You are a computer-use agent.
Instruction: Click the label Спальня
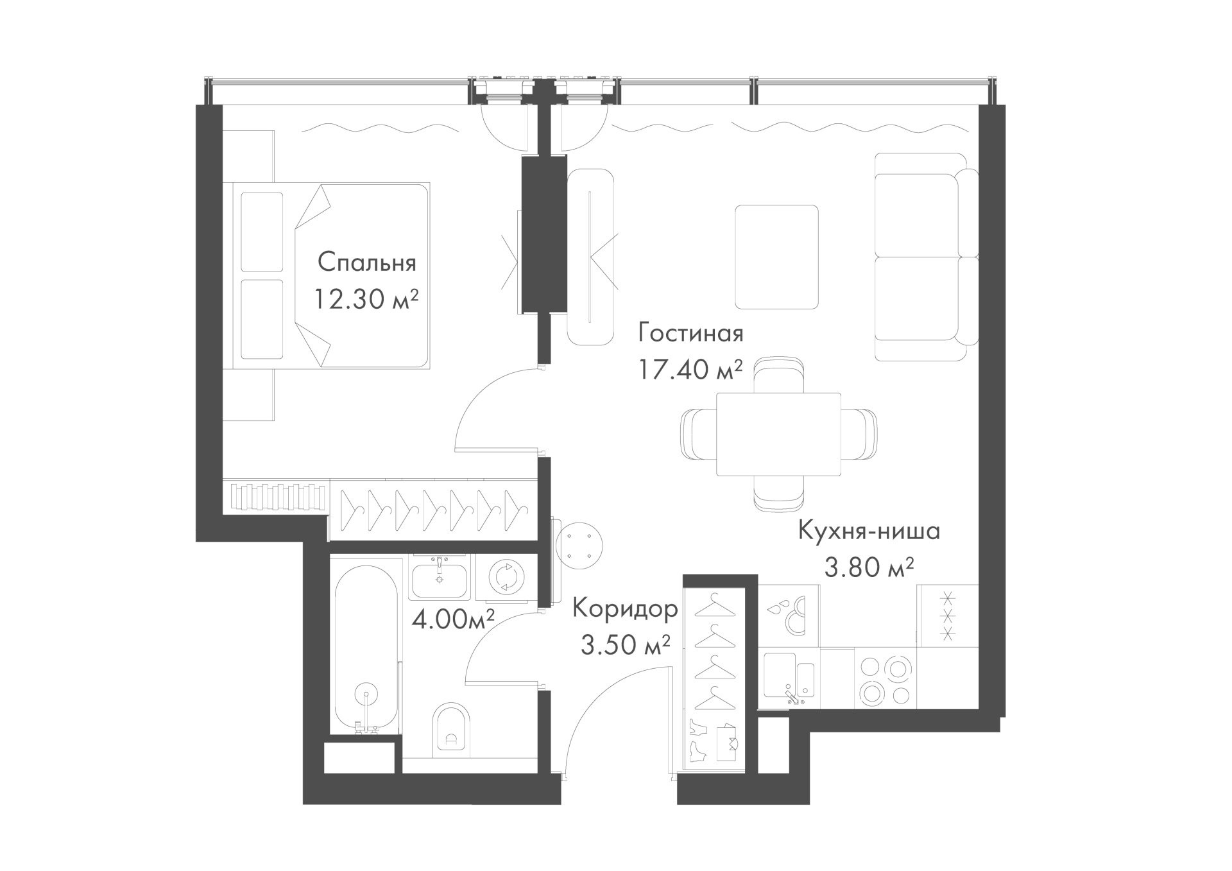pos(367,263)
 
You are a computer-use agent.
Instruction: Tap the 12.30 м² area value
pos(366,298)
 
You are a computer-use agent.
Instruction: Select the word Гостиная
pos(690,333)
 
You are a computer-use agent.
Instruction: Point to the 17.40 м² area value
pos(690,369)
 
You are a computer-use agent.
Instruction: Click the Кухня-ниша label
pos(869,531)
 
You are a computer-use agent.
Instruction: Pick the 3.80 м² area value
pos(869,567)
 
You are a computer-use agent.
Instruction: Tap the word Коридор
pos(625,608)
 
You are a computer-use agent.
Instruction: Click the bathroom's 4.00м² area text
pos(453,619)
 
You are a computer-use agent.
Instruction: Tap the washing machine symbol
pos(506,576)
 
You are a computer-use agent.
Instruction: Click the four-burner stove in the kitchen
pos(886,680)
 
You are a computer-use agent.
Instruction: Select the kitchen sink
pos(789,679)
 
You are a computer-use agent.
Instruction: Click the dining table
pos(778,434)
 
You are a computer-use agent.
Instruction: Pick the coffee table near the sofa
pos(776,256)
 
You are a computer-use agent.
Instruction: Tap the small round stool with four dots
pos(581,544)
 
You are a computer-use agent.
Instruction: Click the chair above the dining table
pos(778,376)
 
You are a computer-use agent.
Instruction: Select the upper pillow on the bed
pos(261,232)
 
